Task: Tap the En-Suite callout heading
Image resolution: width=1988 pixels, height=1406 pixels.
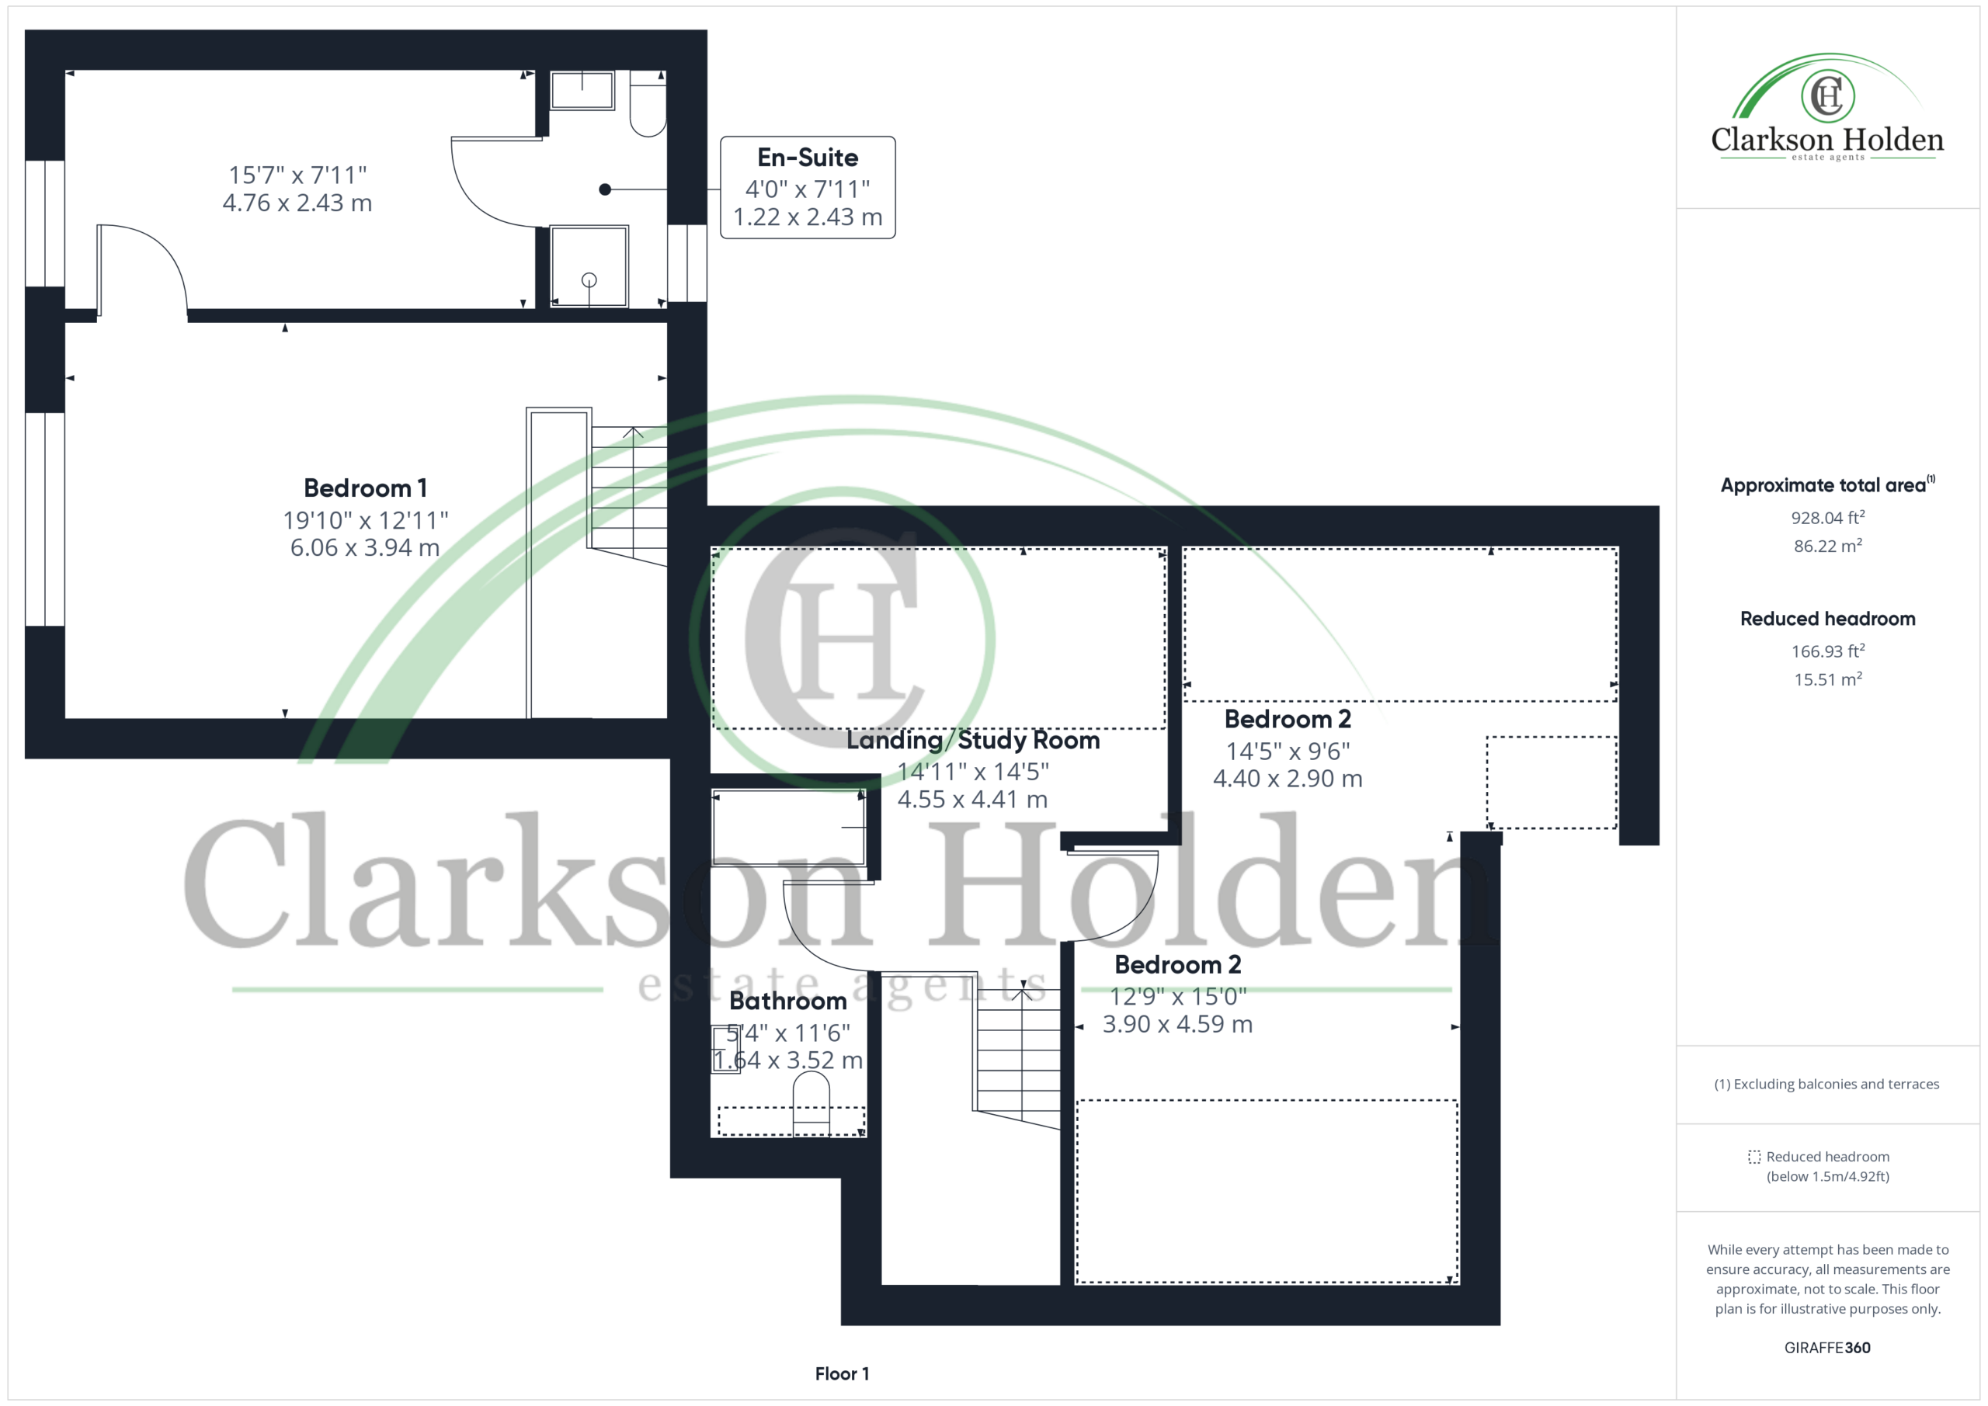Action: point(808,158)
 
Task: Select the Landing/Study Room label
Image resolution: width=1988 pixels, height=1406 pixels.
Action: point(972,740)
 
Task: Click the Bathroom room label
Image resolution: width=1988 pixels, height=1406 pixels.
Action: point(788,1001)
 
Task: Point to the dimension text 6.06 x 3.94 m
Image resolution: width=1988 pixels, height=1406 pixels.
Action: point(364,547)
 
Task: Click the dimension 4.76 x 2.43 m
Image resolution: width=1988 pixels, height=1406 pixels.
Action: point(297,203)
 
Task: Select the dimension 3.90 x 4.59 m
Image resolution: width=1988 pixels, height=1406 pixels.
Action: point(1177,1024)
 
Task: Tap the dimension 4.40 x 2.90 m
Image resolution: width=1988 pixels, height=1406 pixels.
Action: point(1288,779)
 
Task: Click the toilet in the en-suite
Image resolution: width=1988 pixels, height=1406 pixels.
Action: point(647,105)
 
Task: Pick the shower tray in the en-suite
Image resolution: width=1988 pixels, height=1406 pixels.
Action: point(589,266)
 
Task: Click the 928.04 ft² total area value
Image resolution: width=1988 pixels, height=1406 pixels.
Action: point(1828,518)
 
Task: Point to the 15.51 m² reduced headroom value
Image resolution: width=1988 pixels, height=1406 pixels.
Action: point(1828,679)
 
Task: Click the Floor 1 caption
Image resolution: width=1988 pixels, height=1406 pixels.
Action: point(842,1374)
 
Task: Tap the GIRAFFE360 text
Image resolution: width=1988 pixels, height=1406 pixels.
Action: point(1827,1348)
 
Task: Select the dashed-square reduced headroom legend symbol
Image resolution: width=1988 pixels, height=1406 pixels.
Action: point(1754,1157)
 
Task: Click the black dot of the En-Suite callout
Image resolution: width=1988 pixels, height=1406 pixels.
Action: point(605,189)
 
